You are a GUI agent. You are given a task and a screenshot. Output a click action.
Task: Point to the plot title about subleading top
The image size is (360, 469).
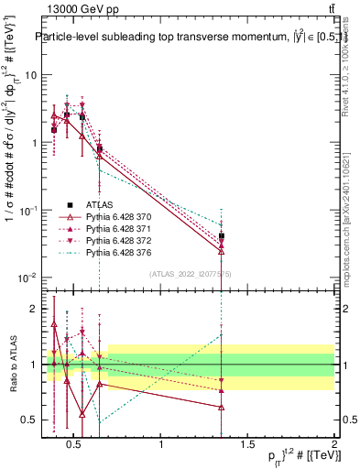pyautogui.click(x=183, y=38)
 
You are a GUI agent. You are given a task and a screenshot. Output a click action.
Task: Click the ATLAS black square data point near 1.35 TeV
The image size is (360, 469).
pyautogui.click(x=221, y=236)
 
